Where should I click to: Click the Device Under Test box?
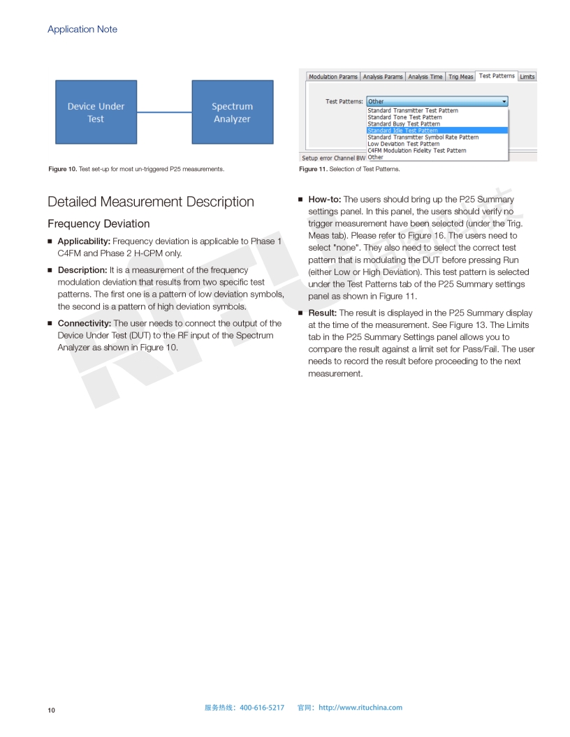click(96, 112)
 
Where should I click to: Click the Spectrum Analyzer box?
click(232, 112)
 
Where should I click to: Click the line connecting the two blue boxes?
click(164, 112)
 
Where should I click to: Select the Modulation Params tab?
click(333, 77)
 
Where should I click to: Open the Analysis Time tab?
click(425, 77)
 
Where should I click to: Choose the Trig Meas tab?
click(460, 77)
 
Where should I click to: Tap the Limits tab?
click(527, 77)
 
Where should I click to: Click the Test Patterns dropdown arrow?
click(504, 101)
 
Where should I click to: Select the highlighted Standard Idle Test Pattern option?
click(403, 131)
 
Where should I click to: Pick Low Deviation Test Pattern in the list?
click(404, 144)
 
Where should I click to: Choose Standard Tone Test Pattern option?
click(404, 117)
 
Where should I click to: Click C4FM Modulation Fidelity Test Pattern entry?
click(417, 151)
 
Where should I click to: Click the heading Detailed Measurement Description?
click(151, 202)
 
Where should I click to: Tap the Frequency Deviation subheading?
click(98, 223)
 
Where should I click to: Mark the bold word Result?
click(322, 313)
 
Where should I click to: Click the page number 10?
click(51, 710)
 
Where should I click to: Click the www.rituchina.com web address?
click(360, 708)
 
